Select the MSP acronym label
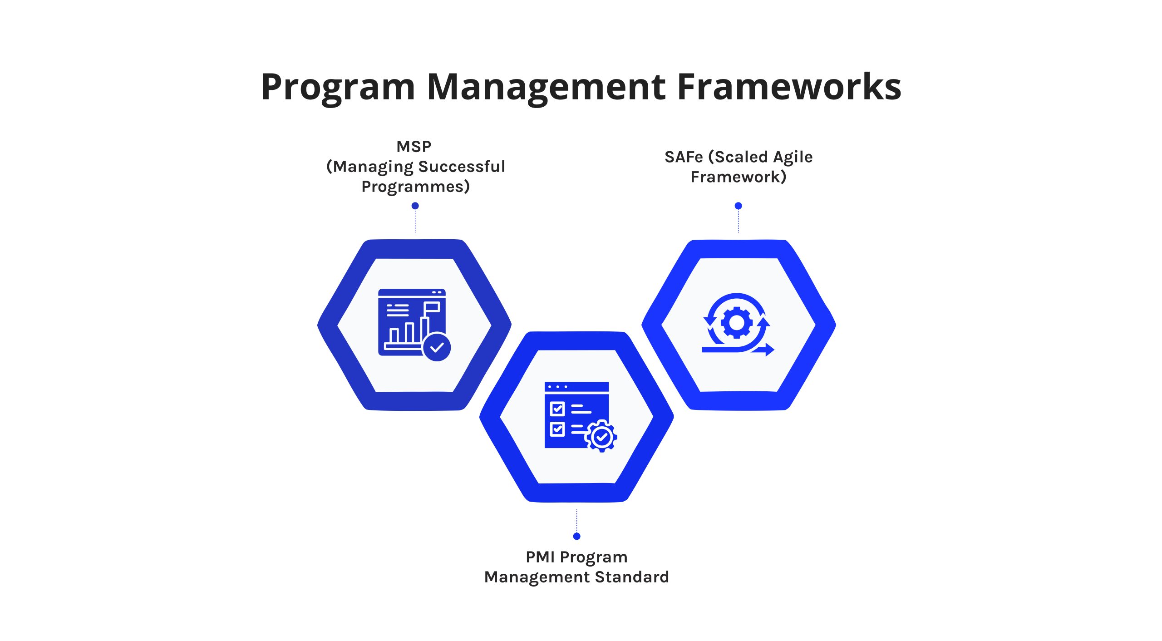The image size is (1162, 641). point(414,147)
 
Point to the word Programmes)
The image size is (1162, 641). point(415,187)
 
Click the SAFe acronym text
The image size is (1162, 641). point(684,157)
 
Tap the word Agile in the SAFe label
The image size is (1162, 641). point(793,158)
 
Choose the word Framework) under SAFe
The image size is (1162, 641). point(739,177)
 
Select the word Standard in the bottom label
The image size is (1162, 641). point(632,577)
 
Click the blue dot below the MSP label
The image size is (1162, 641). point(415,206)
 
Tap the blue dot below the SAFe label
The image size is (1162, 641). point(739,206)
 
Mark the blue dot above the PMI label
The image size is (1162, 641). point(577,537)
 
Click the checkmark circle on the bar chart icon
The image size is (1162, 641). point(437,347)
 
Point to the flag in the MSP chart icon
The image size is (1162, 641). point(432,308)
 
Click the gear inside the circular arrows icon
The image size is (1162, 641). point(736,323)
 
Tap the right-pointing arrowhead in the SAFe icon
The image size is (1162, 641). point(769,350)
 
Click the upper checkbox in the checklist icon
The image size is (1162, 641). point(557,409)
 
